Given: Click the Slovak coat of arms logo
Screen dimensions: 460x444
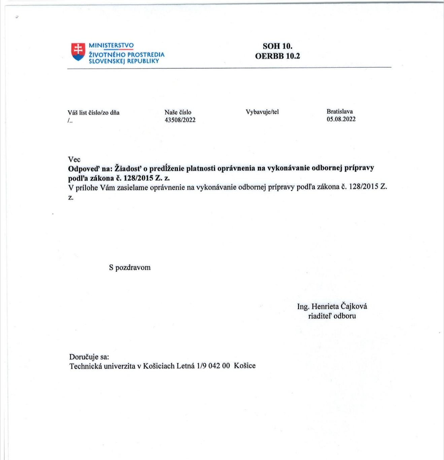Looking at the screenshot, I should (78, 51).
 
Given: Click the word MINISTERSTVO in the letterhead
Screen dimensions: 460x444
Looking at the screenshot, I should (111, 45).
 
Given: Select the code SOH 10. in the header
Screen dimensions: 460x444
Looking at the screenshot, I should (277, 46).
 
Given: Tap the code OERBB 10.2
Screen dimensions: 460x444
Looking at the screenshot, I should (277, 56).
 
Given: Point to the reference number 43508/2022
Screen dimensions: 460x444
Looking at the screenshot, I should (180, 120).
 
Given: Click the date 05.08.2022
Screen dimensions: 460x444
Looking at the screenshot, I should (341, 119).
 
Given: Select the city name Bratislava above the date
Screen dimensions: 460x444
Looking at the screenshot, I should (340, 111).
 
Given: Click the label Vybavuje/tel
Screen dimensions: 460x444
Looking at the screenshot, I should (262, 112).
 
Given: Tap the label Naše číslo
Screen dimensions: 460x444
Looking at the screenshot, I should (178, 112).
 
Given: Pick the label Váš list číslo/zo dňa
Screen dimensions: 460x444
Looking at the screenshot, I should (94, 113).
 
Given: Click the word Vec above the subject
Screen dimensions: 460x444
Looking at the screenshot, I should (74, 160).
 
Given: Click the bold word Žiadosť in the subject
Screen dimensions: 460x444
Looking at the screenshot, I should (128, 168).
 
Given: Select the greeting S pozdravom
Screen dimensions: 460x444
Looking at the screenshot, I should (130, 268).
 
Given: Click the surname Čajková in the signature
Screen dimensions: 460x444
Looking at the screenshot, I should (354, 307).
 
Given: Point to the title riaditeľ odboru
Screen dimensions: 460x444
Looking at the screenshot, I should (332, 316).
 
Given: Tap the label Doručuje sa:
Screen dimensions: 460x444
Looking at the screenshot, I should (89, 357).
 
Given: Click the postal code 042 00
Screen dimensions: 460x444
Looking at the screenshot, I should (219, 366).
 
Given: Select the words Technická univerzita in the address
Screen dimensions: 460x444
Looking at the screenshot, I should (102, 366).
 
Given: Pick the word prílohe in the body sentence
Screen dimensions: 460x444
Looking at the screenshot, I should (87, 187).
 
